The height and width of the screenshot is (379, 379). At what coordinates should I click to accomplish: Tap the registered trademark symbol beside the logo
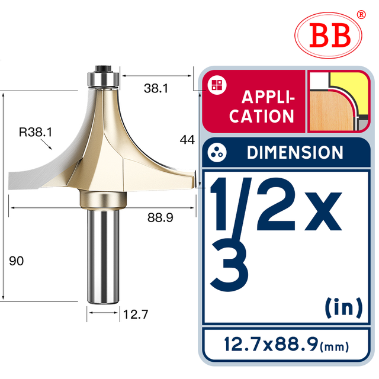[x=361, y=15]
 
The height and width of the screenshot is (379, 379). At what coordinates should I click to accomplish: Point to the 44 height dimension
[x=188, y=140]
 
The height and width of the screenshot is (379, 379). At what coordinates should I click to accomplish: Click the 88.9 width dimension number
[x=160, y=218]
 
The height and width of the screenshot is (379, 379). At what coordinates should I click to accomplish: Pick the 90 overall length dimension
[x=17, y=261]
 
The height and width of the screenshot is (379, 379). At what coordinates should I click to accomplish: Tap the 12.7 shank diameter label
[x=136, y=314]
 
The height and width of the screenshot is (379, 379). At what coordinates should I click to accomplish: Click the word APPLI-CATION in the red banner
[x=262, y=107]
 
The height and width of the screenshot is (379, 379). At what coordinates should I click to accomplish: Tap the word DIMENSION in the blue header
[x=294, y=153]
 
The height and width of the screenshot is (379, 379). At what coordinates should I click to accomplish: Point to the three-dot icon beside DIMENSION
[x=216, y=152]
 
